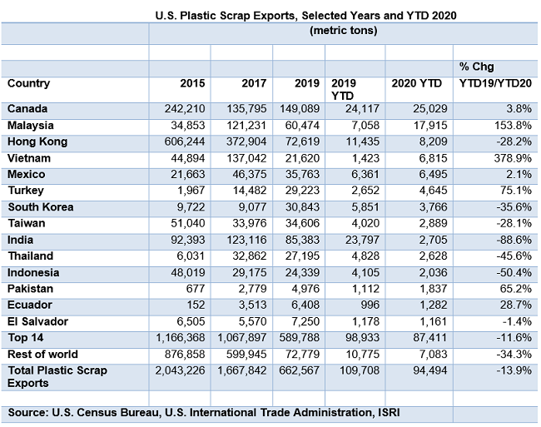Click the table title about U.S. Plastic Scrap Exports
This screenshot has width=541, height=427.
tap(306, 15)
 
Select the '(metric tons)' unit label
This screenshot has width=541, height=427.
tap(343, 31)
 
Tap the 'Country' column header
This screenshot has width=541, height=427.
tap(29, 83)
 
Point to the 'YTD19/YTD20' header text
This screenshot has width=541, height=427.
tap(495, 83)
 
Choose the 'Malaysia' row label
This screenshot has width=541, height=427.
tap(31, 125)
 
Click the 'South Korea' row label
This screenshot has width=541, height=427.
tap(40, 207)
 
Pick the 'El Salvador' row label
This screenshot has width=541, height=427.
tap(38, 321)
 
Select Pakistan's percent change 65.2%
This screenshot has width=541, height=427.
tap(516, 289)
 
